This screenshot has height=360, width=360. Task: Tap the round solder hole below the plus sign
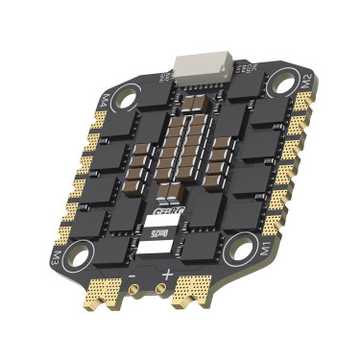pyautogui.click(x=157, y=290)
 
